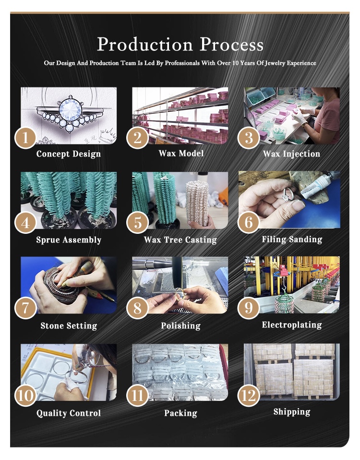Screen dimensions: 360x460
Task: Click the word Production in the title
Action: point(145,44)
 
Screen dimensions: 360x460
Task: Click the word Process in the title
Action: point(231,44)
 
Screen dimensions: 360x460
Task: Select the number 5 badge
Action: point(137,223)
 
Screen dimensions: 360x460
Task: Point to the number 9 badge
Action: point(249,308)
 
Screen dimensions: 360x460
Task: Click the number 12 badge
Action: point(249,395)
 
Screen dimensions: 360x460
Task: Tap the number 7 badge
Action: point(25,308)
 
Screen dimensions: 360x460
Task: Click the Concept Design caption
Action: point(68,154)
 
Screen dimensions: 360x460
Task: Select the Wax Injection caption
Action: point(291,154)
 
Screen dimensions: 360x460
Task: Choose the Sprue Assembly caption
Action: point(69,240)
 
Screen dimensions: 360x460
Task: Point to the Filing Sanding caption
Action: point(292,240)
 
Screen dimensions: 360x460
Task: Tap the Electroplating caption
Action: point(292,325)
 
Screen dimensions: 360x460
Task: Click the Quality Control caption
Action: point(69,413)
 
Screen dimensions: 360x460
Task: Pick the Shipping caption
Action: point(292,412)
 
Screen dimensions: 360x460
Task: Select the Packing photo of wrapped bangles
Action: point(180,372)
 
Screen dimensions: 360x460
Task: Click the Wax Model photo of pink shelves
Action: point(180,116)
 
